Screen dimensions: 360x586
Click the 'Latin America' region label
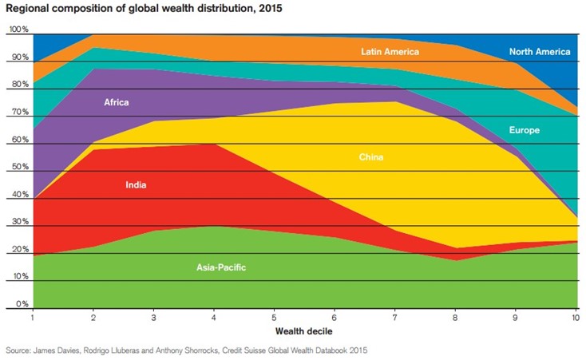tap(390, 52)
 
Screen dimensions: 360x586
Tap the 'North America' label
tap(540, 52)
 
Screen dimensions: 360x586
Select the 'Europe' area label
tap(525, 130)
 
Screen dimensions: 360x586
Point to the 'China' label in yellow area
tap(371, 157)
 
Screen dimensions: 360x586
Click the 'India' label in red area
tap(136, 185)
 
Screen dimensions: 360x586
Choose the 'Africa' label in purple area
tap(116, 102)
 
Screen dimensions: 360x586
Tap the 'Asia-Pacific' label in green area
tap(221, 267)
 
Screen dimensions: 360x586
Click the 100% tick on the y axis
tap(18, 30)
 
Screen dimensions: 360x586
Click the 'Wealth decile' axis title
tap(305, 330)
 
